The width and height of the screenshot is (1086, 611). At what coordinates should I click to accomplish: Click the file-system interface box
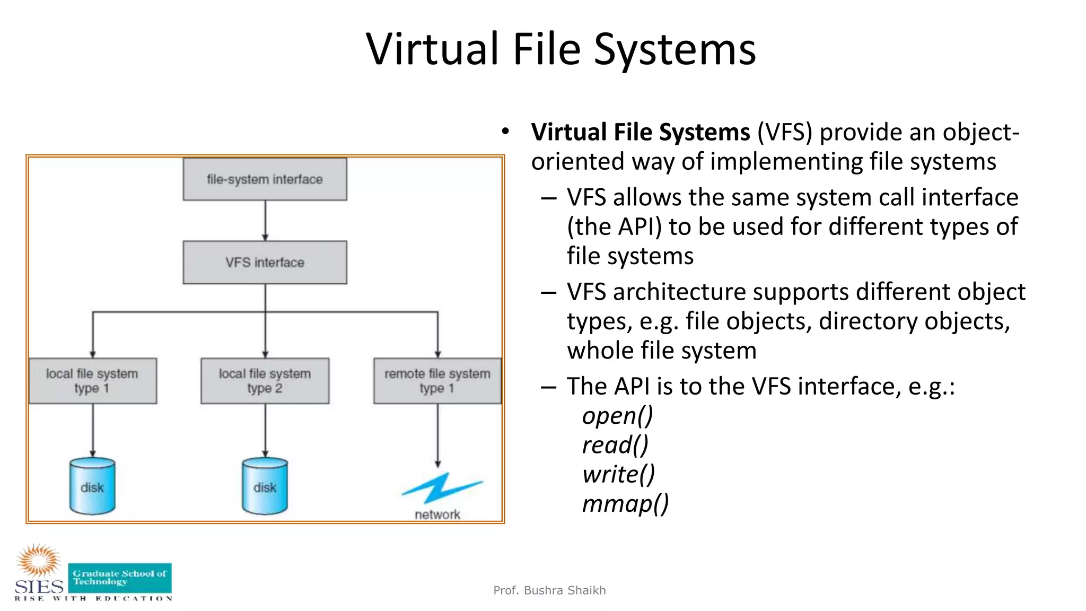click(x=265, y=179)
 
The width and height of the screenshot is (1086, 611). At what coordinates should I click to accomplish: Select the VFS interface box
click(x=265, y=263)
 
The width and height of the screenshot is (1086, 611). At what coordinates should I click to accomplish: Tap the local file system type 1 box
click(x=92, y=381)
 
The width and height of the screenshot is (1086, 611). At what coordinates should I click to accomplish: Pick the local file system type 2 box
click(x=265, y=381)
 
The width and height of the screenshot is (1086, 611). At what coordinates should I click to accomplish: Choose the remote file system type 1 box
click(x=437, y=381)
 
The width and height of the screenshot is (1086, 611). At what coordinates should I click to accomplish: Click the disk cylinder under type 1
click(x=92, y=486)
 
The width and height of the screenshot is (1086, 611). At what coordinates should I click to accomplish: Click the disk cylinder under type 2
click(x=265, y=486)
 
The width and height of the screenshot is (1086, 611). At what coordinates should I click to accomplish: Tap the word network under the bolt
click(x=437, y=514)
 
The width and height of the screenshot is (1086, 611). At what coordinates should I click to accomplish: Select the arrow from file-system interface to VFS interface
click(x=265, y=221)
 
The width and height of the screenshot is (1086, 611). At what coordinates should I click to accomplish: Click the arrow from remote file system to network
click(x=437, y=435)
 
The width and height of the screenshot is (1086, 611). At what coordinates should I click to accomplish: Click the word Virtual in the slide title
click(x=432, y=49)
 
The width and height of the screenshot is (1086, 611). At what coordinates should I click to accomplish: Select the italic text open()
click(x=617, y=415)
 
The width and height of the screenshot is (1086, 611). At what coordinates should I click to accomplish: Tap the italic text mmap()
click(x=625, y=503)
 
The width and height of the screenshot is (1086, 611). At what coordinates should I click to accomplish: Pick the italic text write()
click(x=618, y=474)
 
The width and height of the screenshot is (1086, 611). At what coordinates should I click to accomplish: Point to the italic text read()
click(x=615, y=445)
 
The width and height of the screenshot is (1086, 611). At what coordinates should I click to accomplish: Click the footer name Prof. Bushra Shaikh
click(x=549, y=590)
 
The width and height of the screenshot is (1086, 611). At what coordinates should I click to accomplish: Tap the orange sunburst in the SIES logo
click(x=39, y=560)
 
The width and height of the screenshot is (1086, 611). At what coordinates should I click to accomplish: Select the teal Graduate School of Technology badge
click(x=120, y=578)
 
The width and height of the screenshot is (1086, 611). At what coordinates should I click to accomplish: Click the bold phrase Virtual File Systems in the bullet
click(x=641, y=132)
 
